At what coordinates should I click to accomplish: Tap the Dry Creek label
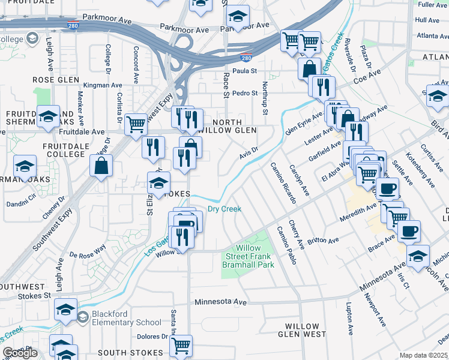click(224, 209)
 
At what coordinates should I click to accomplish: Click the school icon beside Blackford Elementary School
click(66, 310)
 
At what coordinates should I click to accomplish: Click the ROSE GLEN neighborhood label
click(56, 80)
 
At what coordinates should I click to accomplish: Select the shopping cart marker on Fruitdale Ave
click(136, 124)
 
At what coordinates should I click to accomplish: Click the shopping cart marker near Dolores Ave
click(181, 345)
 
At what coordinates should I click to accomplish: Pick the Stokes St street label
click(34, 296)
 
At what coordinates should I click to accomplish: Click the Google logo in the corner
click(20, 353)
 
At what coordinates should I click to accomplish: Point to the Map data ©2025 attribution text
click(423, 355)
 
